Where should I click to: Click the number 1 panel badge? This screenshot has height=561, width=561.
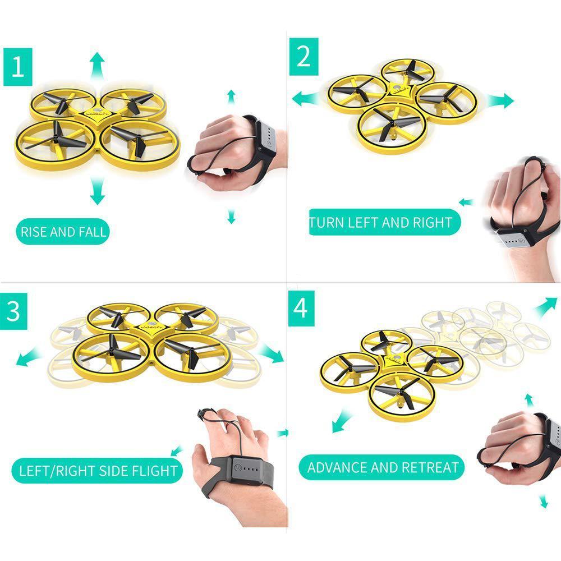17,67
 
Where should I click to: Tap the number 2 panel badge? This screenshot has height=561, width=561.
304,57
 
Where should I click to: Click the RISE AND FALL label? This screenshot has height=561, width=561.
63,232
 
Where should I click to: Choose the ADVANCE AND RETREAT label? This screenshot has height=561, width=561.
383,467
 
